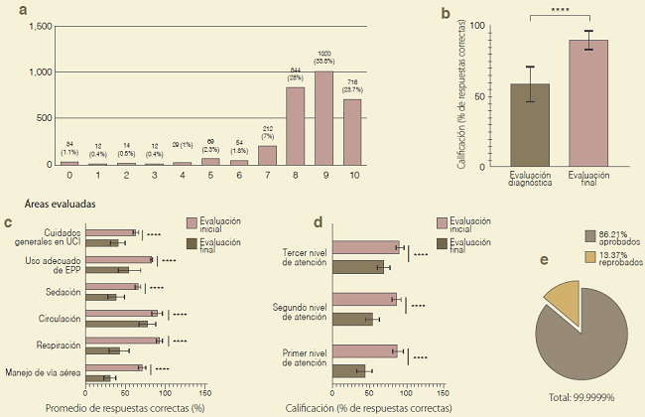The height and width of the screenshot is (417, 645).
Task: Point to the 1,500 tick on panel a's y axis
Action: [x=40, y=27]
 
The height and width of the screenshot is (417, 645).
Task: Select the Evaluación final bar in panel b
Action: [x=588, y=102]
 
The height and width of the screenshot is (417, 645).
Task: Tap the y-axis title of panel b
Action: [x=461, y=95]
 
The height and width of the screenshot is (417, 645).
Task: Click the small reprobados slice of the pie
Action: [x=560, y=299]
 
